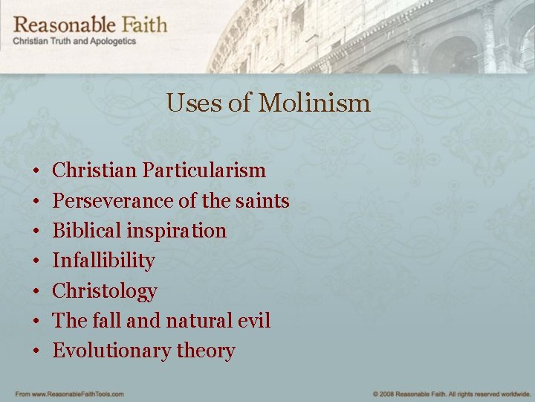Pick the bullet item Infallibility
coord(103,261)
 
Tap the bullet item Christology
coord(105,291)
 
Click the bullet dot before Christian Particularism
coord(36,171)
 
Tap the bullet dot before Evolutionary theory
coord(36,351)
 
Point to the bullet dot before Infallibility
coord(36,261)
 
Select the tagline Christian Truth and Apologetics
coord(74,42)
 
